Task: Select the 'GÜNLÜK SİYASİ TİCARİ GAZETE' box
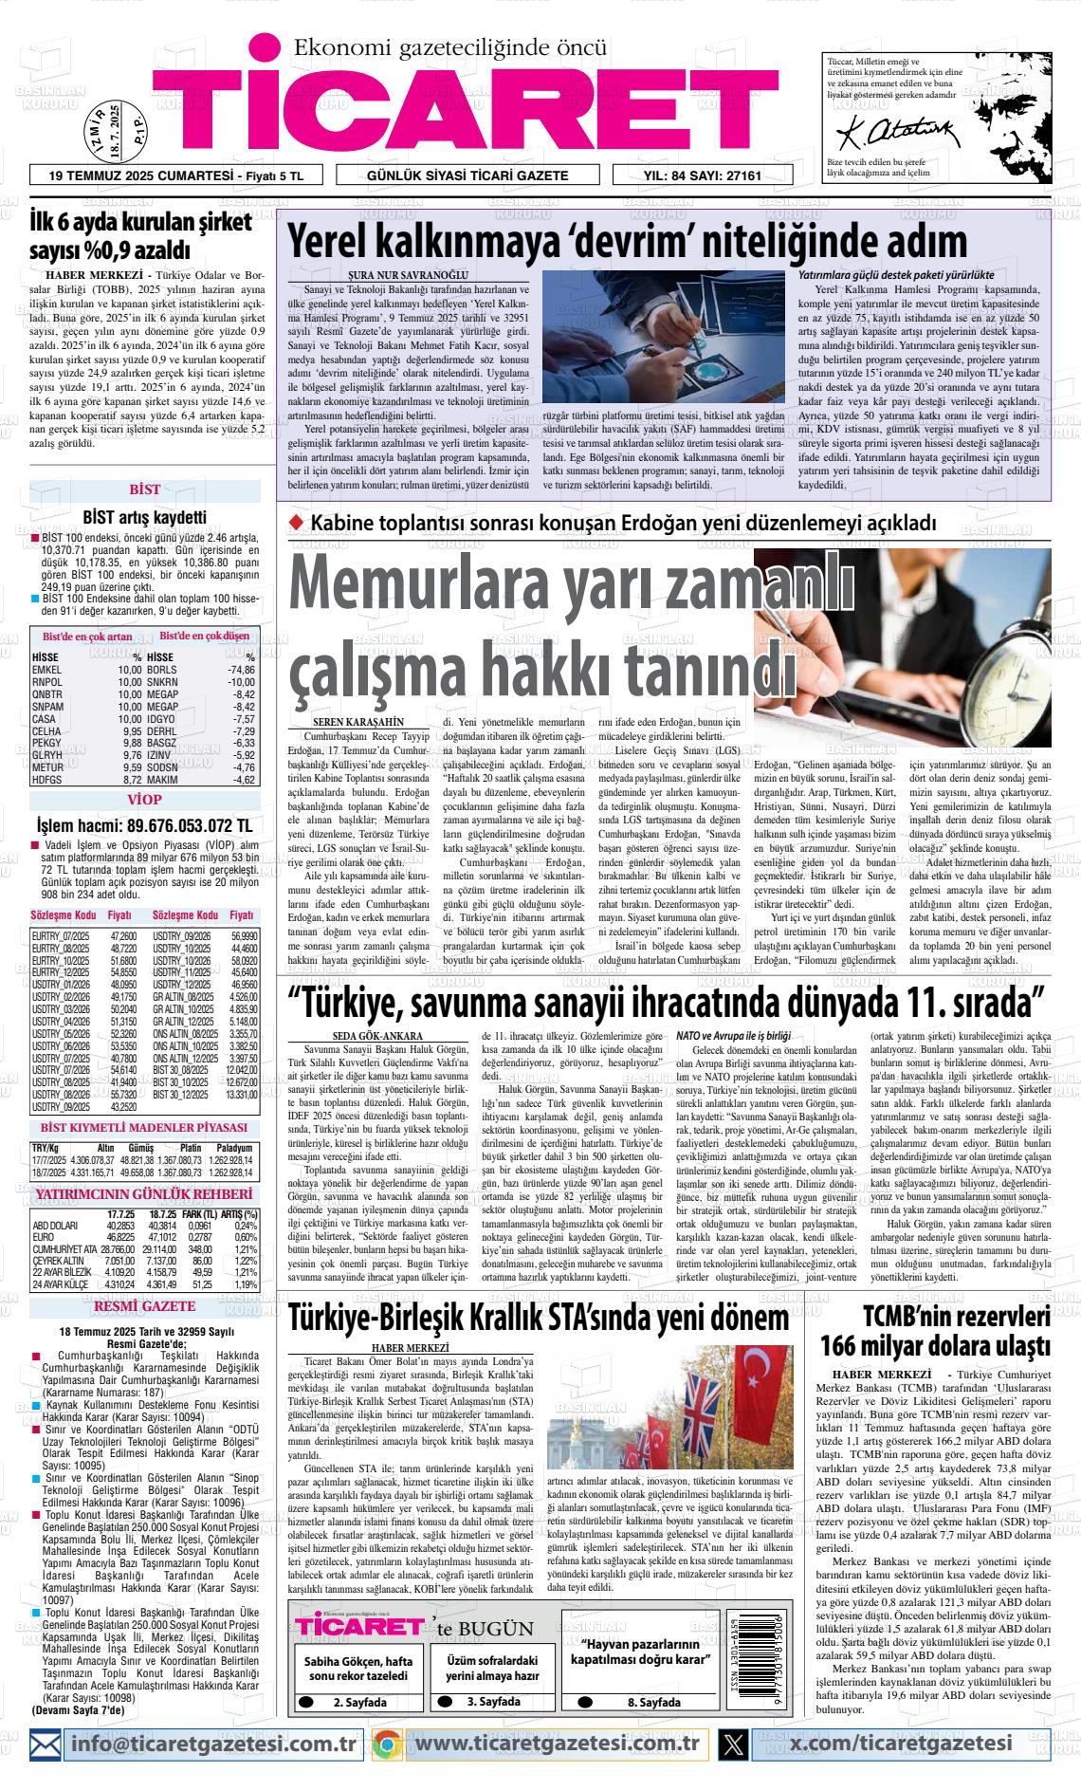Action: (x=467, y=175)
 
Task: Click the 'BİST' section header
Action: (x=144, y=490)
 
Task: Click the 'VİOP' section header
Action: (x=144, y=800)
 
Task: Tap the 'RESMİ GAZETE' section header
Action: (x=144, y=1306)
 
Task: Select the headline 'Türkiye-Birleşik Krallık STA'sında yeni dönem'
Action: (x=538, y=1320)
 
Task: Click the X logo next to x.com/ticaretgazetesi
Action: (x=734, y=1744)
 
